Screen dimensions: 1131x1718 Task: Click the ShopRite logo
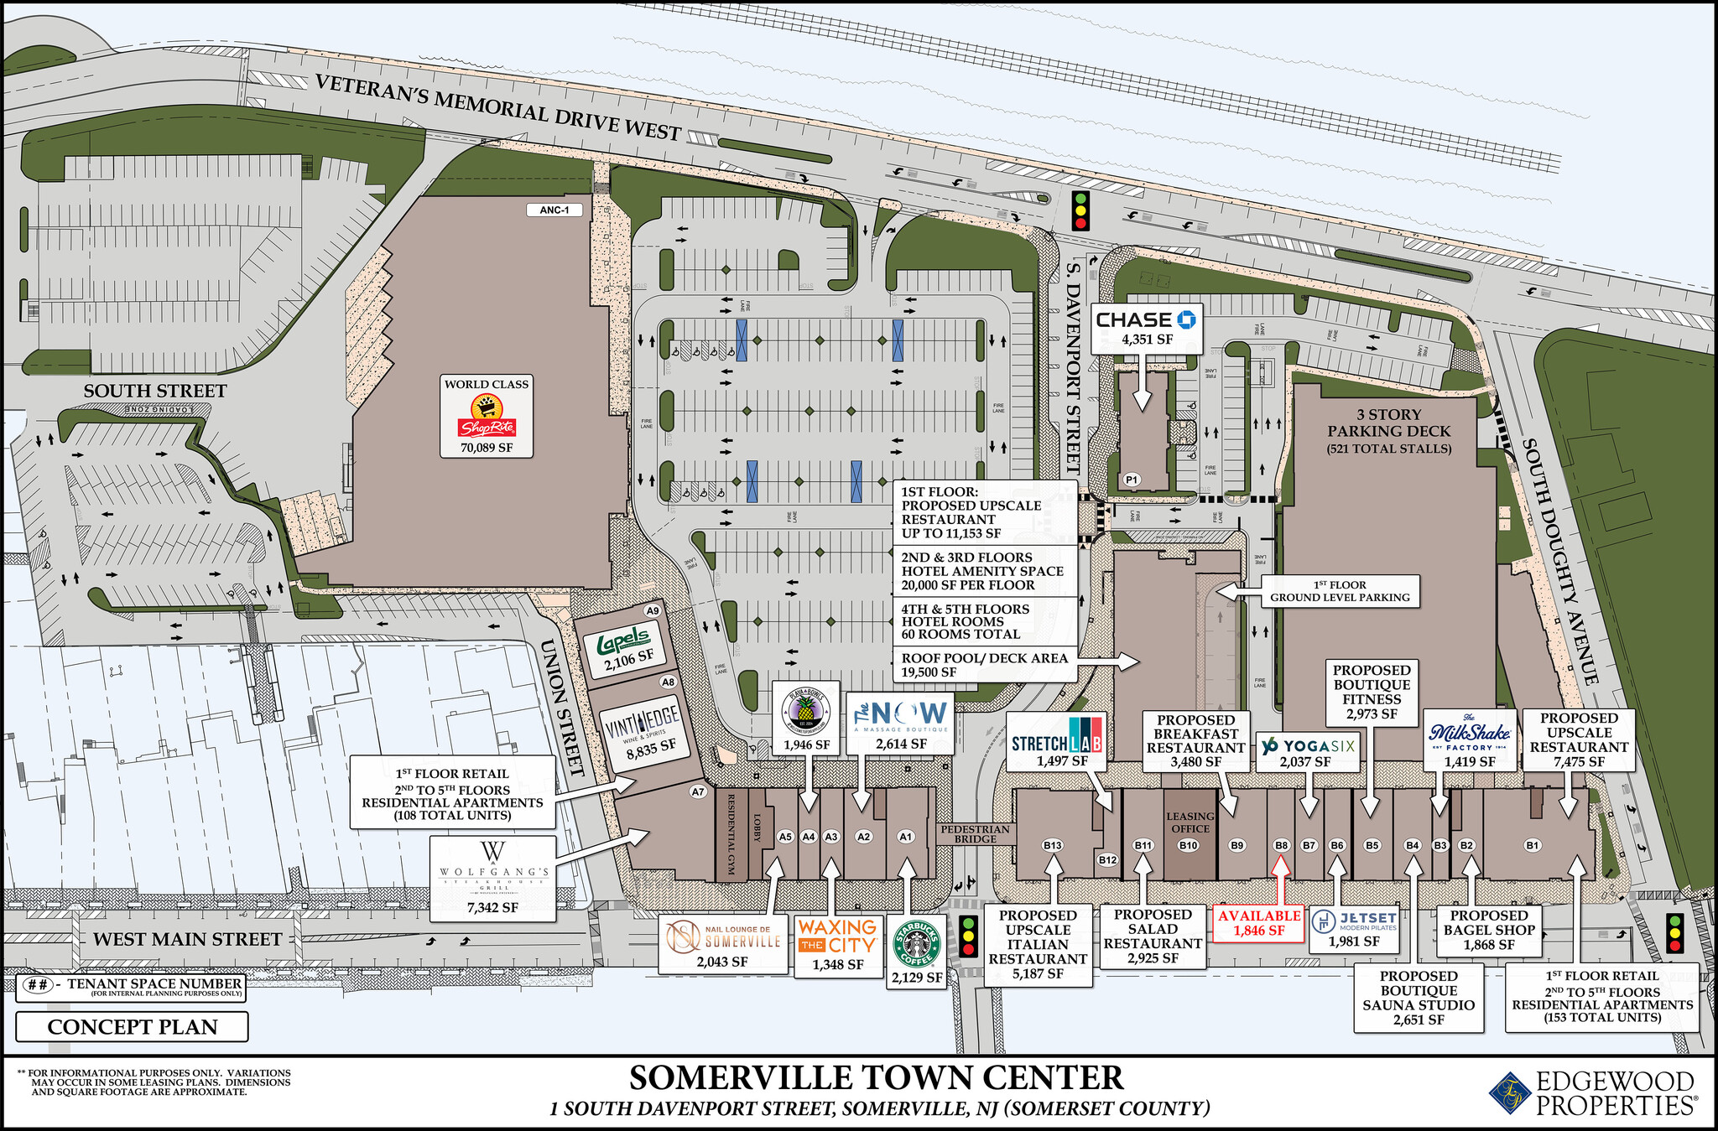(487, 418)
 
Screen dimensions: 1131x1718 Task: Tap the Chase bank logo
(1146, 319)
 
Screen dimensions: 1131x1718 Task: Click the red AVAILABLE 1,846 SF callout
(1258, 922)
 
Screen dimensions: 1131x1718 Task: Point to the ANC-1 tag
(554, 210)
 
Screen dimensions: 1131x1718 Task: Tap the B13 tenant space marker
(1052, 845)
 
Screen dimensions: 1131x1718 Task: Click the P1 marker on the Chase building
(1132, 480)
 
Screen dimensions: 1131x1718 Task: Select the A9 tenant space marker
(653, 610)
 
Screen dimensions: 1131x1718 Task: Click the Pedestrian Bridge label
(975, 833)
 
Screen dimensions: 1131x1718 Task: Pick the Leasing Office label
(1190, 822)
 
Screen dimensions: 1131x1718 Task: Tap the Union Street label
(561, 707)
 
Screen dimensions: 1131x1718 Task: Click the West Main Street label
(187, 939)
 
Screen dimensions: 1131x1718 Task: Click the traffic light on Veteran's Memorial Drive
(1080, 210)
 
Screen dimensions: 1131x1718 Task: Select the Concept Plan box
(132, 1027)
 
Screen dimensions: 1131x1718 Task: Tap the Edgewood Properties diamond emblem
(1509, 1093)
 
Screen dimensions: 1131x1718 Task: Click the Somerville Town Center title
(876, 1077)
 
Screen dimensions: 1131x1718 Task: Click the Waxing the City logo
(837, 936)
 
